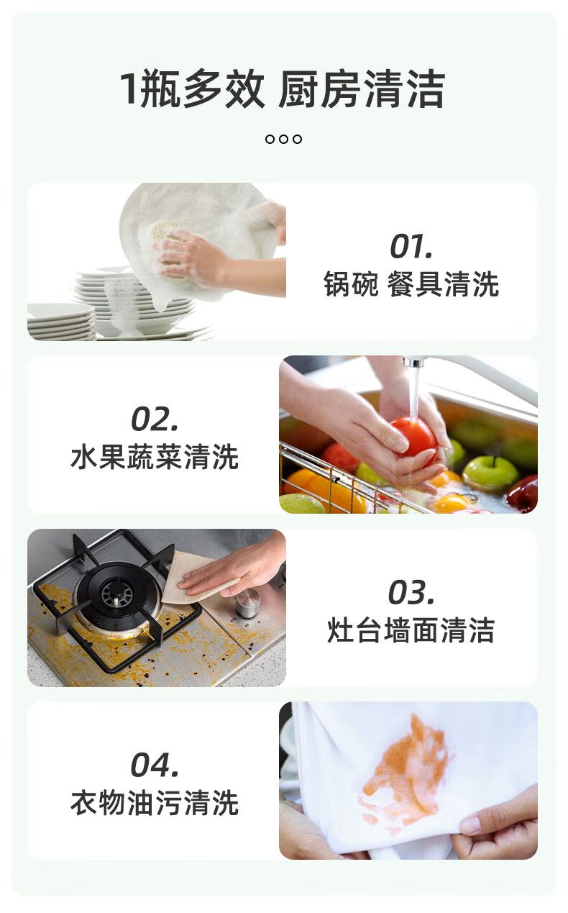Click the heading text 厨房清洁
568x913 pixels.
tap(362, 89)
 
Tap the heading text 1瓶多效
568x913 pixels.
tap(192, 89)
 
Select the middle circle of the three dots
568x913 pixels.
tap(283, 139)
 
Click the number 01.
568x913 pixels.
tap(411, 246)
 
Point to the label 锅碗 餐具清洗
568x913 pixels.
tap(411, 283)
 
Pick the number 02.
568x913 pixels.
tap(155, 419)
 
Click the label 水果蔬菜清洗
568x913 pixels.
tap(155, 457)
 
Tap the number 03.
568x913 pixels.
tap(411, 592)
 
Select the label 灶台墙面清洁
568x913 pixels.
tap(411, 630)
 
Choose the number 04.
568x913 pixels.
tap(155, 765)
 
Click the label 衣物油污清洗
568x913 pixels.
tap(155, 803)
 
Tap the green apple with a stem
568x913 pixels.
tap(490, 472)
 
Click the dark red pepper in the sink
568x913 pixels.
tap(523, 494)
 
